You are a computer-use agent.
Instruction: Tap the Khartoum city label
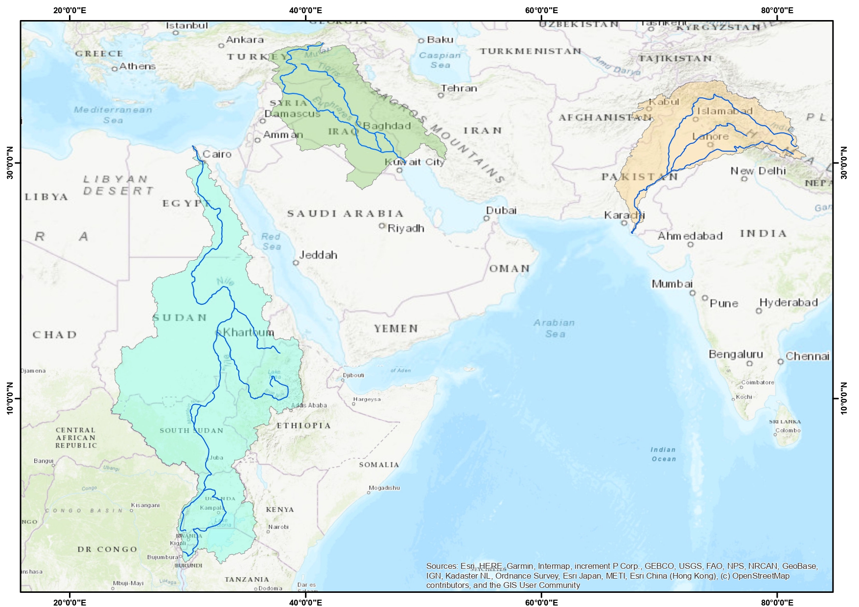click(248, 332)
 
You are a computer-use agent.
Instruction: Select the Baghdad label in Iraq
click(387, 126)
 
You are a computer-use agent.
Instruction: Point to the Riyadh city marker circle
click(382, 225)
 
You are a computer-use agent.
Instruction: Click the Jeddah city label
click(318, 255)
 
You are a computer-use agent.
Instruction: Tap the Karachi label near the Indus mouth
click(624, 215)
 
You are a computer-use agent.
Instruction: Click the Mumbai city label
click(672, 284)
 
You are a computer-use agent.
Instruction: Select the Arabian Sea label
click(555, 328)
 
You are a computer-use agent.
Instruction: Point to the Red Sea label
click(271, 241)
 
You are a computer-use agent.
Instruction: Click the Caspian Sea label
click(440, 60)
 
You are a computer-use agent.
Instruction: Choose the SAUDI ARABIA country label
click(345, 214)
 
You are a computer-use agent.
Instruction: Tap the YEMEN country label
click(396, 329)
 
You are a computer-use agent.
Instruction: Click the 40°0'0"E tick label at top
click(305, 10)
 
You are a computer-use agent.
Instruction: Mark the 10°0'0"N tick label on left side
click(10, 398)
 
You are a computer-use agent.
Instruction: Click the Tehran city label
click(459, 89)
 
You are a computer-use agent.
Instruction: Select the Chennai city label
click(807, 356)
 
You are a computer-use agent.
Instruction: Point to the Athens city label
click(137, 66)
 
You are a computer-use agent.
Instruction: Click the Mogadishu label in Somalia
click(384, 488)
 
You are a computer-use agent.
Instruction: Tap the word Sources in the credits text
click(441, 566)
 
